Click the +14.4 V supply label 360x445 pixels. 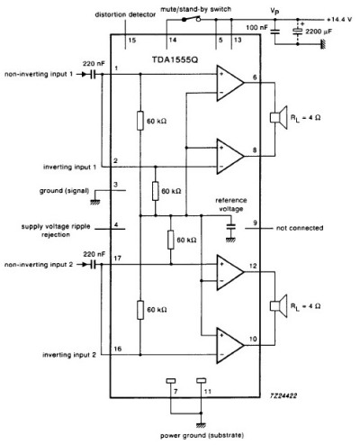337,17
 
